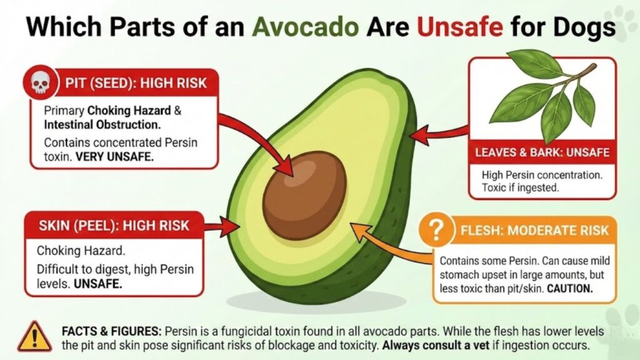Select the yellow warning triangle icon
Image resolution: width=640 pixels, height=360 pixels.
click(35, 336)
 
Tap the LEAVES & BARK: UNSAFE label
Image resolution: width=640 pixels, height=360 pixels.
click(542, 152)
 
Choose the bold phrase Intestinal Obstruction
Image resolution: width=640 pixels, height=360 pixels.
click(94, 124)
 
